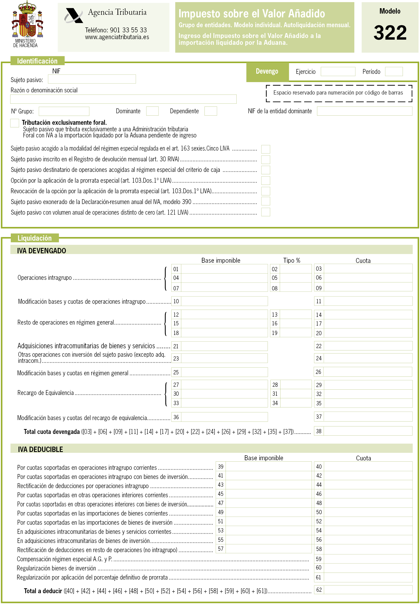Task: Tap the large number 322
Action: pos(390,33)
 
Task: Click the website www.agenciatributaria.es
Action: pos(117,37)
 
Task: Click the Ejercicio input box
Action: pos(338,72)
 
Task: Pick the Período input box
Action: pos(394,72)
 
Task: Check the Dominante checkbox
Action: pos(152,111)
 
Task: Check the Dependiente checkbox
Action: pos(211,111)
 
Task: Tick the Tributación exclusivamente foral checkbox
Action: pos(15,123)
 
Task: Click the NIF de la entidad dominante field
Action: pos(364,111)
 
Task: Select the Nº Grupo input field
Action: pos(64,111)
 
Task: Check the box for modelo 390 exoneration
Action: pos(266,201)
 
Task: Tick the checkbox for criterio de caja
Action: pos(266,170)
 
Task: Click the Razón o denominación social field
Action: pos(123,99)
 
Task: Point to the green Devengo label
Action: pos(267,72)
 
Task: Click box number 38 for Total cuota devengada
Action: pos(368,431)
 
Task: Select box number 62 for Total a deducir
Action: pos(368,590)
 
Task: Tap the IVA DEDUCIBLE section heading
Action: pos(41,449)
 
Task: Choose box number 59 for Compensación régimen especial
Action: pos(368,559)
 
